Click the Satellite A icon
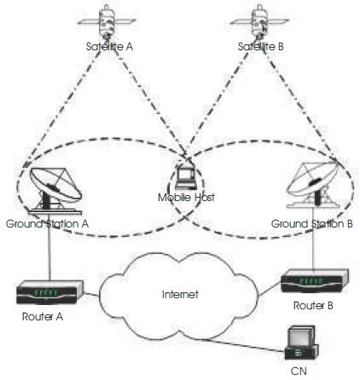[107, 21]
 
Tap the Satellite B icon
[259, 21]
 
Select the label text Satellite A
[109, 47]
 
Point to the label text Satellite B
[261, 47]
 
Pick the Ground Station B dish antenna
[313, 185]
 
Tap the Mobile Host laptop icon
[186, 179]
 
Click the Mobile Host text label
[186, 198]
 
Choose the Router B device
[315, 281]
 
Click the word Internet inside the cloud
[180, 294]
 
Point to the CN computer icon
[302, 343]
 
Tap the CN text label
[299, 371]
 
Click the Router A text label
[43, 317]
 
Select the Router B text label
[313, 306]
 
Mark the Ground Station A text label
[47, 224]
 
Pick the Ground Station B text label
[312, 224]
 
